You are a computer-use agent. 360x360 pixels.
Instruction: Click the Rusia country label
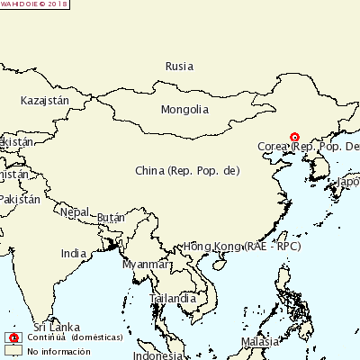[180, 67]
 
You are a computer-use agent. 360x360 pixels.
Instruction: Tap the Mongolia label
[184, 110]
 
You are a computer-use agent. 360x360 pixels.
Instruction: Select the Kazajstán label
[44, 101]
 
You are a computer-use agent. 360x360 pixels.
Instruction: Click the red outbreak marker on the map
[294, 138]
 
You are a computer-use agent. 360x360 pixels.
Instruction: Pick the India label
[74, 254]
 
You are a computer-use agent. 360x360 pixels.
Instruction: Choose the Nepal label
[75, 212]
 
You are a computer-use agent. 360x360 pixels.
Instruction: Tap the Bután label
[111, 218]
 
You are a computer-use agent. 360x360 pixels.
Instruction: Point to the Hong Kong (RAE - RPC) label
[241, 246]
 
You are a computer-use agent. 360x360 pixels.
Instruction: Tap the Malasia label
[260, 343]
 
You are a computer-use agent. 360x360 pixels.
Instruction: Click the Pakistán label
[20, 199]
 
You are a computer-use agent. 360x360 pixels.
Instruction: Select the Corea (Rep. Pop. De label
[309, 147]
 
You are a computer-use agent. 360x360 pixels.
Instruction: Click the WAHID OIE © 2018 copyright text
[34, 4]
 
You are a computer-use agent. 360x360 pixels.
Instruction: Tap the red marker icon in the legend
[13, 337]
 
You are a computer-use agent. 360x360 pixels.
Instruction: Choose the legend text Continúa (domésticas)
[68, 337]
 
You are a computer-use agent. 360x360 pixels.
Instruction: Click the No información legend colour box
[13, 351]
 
